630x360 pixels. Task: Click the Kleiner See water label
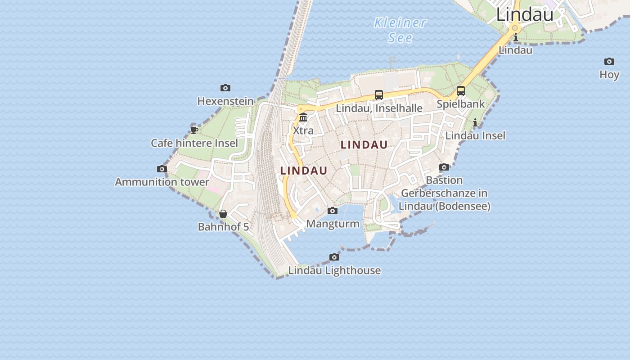coord(400,30)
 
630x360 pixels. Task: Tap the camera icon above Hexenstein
coord(225,88)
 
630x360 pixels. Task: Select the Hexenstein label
coord(225,101)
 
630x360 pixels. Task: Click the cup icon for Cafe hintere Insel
coord(194,130)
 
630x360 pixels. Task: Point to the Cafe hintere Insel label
coord(194,143)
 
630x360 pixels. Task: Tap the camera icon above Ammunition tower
coord(162,169)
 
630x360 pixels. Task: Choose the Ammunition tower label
coord(162,182)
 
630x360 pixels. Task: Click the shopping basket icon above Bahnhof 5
coord(223,214)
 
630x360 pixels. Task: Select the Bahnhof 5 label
coord(223,227)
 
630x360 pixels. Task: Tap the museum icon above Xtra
coord(303,117)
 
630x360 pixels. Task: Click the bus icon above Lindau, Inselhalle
coord(379,95)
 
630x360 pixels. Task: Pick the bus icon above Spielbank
coord(461,91)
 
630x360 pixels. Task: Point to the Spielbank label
coord(461,104)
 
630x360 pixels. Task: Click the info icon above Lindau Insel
coord(475,122)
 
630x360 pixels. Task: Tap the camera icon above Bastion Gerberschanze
coord(444,167)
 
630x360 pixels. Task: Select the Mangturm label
coord(333,224)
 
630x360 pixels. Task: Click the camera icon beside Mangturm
coord(333,211)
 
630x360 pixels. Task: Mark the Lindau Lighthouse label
coord(334,270)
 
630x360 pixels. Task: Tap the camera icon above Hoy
coord(609,62)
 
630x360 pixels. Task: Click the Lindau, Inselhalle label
coord(379,108)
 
